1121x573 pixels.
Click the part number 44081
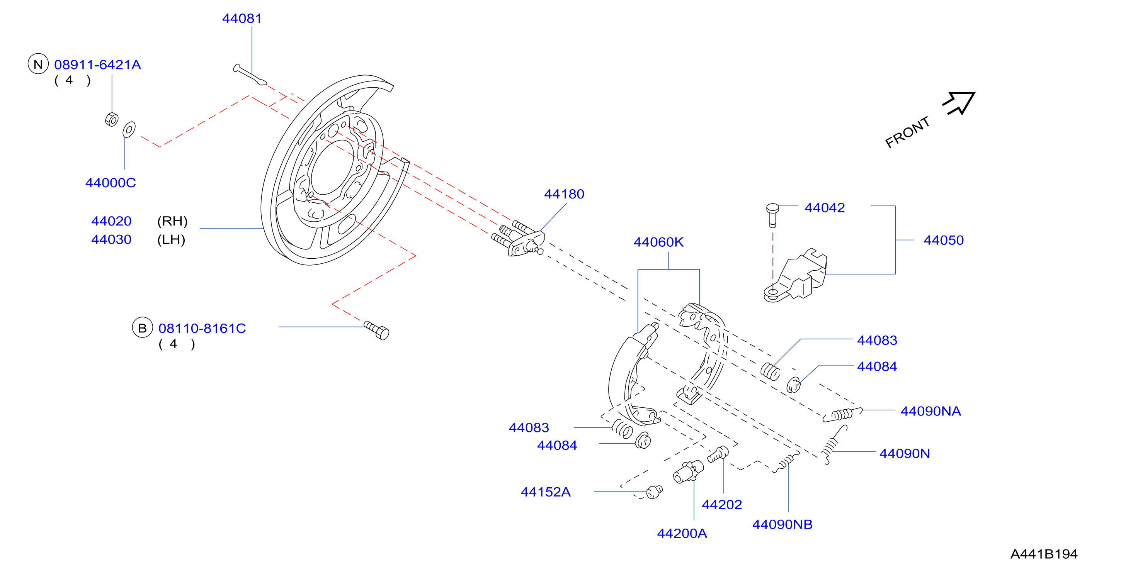[x=242, y=18]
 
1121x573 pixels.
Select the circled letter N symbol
[x=38, y=64]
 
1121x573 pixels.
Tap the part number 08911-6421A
[x=97, y=65]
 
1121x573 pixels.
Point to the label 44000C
[x=111, y=183]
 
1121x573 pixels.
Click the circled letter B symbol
[x=142, y=328]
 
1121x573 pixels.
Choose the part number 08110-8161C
[x=202, y=328]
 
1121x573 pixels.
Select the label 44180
[x=564, y=194]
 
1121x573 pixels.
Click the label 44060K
[x=658, y=242]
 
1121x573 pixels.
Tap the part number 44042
[x=825, y=208]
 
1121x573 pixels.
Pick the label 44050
[x=944, y=240]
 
